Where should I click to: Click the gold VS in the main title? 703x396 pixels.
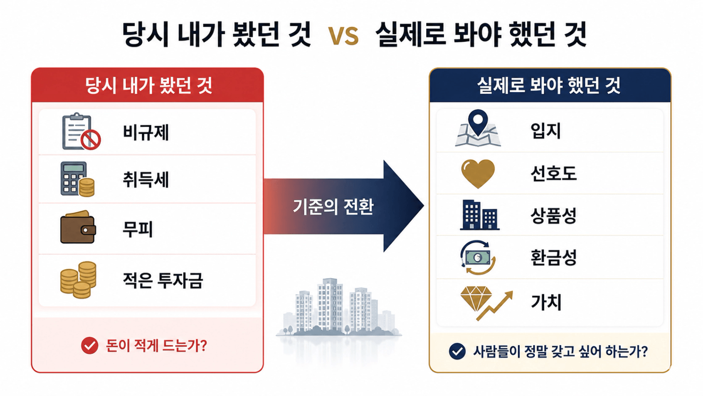coord(343,36)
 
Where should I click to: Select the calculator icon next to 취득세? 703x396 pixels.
coord(77,179)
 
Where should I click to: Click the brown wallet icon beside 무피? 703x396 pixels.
coord(78,227)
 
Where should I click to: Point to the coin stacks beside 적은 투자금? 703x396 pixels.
coord(78,280)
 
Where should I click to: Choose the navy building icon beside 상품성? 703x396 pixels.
coord(479,215)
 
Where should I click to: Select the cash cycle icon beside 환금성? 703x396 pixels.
coord(478,257)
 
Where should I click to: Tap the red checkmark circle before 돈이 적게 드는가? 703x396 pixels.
coord(89,346)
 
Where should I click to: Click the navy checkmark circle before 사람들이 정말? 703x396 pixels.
coord(457,351)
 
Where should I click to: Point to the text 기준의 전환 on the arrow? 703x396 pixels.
coord(333,207)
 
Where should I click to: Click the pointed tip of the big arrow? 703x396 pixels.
coord(424,206)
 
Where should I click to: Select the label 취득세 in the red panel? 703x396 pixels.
coord(146,180)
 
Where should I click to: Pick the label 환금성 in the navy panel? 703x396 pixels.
coord(553,257)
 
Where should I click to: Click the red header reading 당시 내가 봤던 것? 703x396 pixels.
coord(147,85)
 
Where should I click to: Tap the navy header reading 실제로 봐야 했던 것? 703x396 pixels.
coord(550,85)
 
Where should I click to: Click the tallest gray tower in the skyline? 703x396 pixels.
coord(330,305)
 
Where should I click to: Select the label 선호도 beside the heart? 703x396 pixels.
coord(553,174)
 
